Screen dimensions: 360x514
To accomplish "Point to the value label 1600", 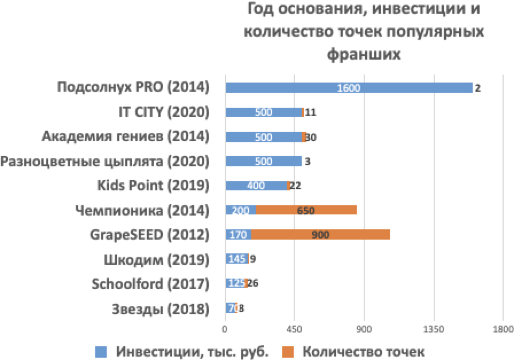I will click(x=349, y=88).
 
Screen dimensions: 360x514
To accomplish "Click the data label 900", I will click(x=320, y=235).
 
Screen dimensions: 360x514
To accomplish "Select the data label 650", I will click(x=306, y=210).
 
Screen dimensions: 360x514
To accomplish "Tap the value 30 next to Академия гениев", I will click(x=311, y=137).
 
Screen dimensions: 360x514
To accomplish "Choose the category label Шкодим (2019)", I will click(x=156, y=259).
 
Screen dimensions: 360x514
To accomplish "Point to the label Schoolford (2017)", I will click(x=150, y=284).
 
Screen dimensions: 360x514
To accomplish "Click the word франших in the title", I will click(x=363, y=54).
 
